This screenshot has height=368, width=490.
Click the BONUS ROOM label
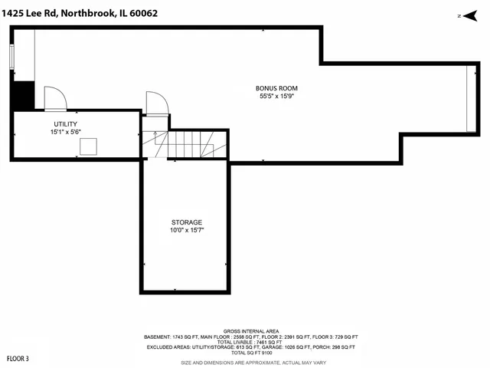pos(276,88)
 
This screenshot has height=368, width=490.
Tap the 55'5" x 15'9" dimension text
pos(276,97)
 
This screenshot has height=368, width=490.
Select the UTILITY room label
pos(65,123)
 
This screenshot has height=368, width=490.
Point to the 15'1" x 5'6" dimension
pos(65,132)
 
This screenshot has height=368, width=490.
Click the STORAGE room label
pos(187,222)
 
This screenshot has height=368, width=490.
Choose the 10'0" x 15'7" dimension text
pos(187,230)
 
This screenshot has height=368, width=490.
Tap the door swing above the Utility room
pos(55,98)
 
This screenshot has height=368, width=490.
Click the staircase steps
pos(191,143)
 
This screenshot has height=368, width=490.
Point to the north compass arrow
pos(462,15)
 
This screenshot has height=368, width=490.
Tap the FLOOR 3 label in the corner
pos(18,358)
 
